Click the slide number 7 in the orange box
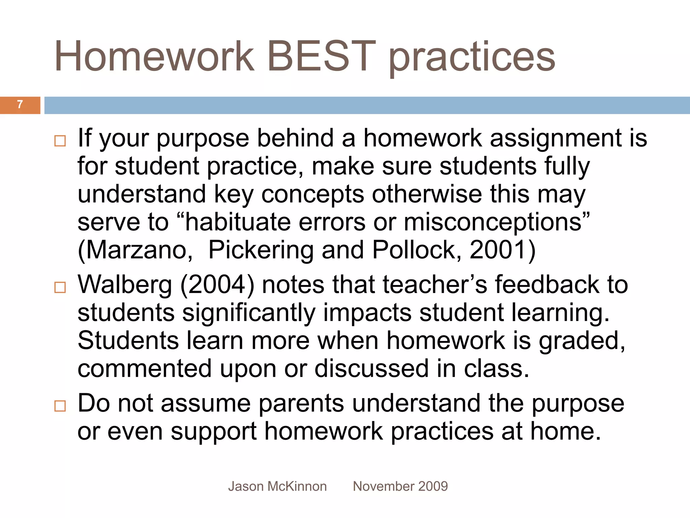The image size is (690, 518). [x=20, y=105]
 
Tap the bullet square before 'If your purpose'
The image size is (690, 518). [x=60, y=141]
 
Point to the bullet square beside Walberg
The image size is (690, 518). [x=60, y=287]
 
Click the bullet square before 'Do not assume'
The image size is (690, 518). [x=60, y=406]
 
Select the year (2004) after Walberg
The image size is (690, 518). [x=217, y=285]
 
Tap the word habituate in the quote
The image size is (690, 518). [x=238, y=222]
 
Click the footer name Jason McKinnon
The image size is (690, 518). [x=277, y=486]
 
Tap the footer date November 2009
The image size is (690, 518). [x=400, y=486]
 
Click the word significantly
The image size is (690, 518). [x=249, y=313]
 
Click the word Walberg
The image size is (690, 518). [x=125, y=285]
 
